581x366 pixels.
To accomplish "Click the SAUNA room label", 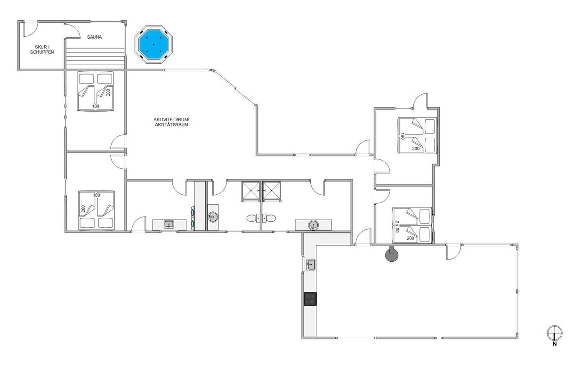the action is click(95, 37).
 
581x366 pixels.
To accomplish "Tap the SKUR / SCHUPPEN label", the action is click(42, 50).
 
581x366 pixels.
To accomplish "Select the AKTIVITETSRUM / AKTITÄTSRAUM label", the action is click(171, 122).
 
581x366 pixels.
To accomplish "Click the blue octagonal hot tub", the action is click(154, 44).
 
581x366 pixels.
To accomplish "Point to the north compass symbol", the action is click(555, 335).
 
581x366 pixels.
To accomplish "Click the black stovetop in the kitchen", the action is click(310, 299).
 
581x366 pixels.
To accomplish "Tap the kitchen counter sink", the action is click(311, 265).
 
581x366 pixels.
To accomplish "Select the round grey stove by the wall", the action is click(392, 255).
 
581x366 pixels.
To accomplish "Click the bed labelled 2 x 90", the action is click(412, 225).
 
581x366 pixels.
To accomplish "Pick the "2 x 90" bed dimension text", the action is click(397, 226).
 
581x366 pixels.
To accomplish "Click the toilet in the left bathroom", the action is click(253, 218).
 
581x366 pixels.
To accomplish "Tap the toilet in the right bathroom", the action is click(269, 218).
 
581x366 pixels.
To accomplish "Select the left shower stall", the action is click(250, 191).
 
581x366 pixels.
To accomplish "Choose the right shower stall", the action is click(272, 191).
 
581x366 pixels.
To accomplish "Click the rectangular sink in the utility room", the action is click(169, 224).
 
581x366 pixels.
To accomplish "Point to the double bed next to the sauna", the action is click(96, 91).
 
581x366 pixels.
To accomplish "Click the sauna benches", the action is click(95, 58).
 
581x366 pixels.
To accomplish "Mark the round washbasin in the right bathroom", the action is click(313, 225).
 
